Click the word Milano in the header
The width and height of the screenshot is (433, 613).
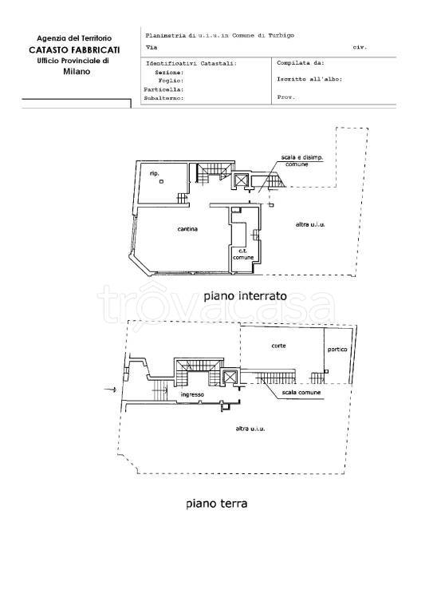(x=77, y=72)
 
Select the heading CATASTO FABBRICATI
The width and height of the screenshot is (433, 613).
(x=74, y=50)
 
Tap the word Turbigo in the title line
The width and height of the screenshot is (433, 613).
(x=281, y=36)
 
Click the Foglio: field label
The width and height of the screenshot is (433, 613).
(x=171, y=81)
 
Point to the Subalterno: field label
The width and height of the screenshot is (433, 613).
(x=163, y=98)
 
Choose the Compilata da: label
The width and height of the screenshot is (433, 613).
(x=301, y=62)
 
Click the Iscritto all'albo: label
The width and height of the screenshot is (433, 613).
(x=309, y=79)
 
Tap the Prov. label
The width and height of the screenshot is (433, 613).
(x=286, y=97)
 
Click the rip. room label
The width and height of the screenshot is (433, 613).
(x=154, y=172)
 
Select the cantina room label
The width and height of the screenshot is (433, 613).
(x=187, y=229)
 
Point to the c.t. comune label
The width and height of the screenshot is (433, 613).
(x=243, y=254)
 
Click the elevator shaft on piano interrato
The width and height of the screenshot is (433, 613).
(x=241, y=180)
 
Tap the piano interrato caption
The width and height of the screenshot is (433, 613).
(x=245, y=296)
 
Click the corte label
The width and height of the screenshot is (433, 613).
(x=278, y=346)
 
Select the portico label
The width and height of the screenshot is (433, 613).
(x=337, y=350)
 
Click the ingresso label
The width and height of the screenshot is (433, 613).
(x=192, y=395)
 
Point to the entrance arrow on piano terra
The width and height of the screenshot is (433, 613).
(x=110, y=390)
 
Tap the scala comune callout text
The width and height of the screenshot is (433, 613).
(x=301, y=392)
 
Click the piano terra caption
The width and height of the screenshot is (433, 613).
(x=217, y=503)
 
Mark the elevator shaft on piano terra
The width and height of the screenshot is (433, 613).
(x=229, y=377)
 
